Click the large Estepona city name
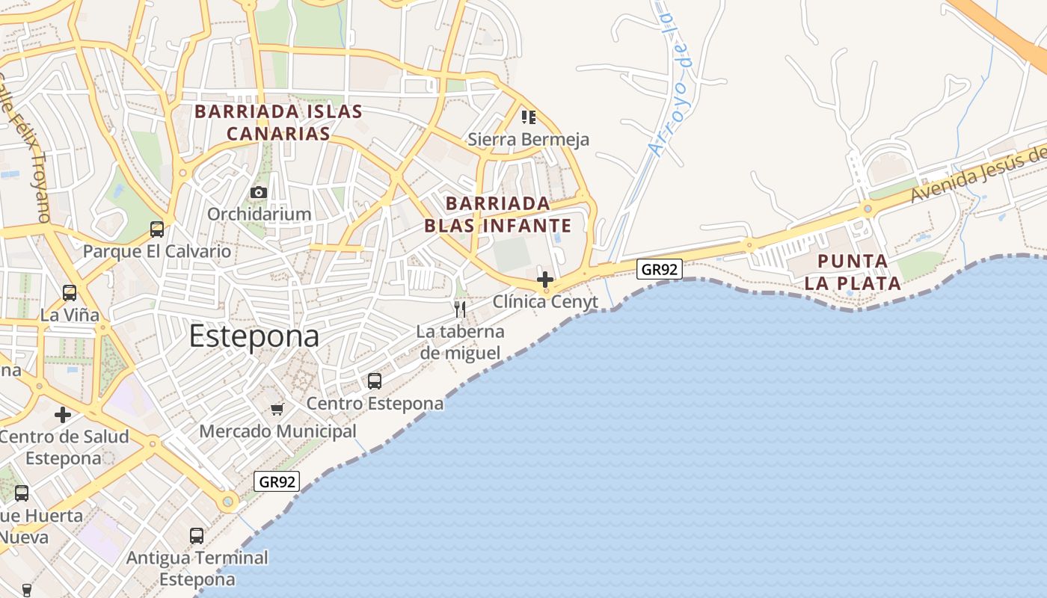(254, 336)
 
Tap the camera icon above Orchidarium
(259, 193)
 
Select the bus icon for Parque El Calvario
(157, 229)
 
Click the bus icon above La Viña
(70, 293)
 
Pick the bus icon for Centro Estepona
(375, 381)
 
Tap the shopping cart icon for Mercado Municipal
(277, 409)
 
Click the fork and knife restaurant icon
(460, 309)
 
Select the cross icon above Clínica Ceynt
(545, 280)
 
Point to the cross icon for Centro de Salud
(63, 414)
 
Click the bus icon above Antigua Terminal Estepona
(197, 536)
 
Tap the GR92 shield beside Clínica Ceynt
(660, 269)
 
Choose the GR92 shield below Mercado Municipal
(277, 481)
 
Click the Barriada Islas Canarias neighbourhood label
(279, 123)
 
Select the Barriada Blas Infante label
(497, 215)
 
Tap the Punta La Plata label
(859, 272)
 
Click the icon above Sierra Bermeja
(529, 117)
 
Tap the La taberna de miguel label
(461, 342)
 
